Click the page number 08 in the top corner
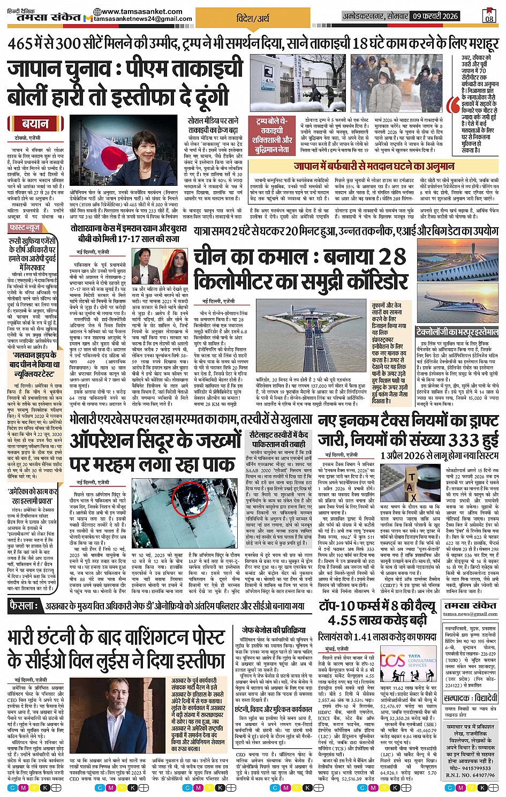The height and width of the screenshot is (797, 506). tap(489, 17)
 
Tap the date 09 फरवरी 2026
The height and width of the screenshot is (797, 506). tap(435, 16)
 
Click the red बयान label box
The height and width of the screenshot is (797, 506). tap(35, 124)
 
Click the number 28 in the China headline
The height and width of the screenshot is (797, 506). tap(385, 258)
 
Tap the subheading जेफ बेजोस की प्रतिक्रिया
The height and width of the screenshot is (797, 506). tap(273, 630)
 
